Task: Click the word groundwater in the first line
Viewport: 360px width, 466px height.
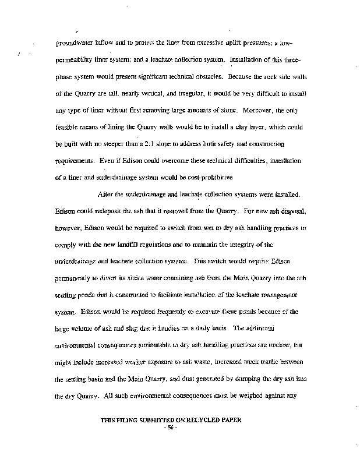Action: (x=74, y=43)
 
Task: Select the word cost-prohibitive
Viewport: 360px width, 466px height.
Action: (x=194, y=177)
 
